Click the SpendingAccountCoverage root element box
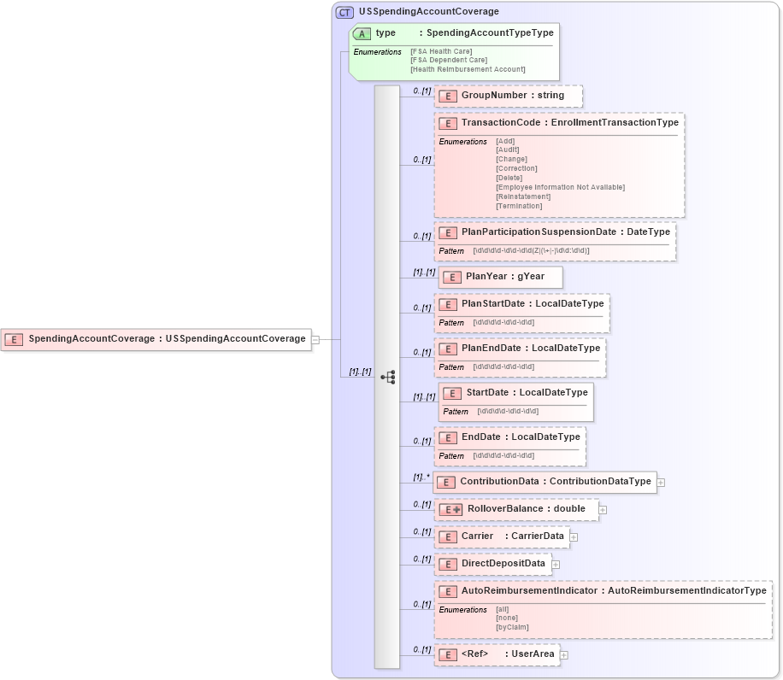pos(156,339)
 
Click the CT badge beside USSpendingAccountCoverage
pos(344,12)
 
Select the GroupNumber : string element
pos(508,96)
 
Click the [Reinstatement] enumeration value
pos(523,196)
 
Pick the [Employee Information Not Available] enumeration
pos(560,187)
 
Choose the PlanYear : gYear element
pos(500,277)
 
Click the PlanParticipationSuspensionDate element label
pos(538,232)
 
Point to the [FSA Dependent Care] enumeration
pos(449,60)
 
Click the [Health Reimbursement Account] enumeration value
pos(468,69)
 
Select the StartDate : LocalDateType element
pos(515,393)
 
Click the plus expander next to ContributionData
pos(661,482)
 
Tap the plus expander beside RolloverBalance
pos(603,510)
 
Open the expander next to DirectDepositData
pos(556,564)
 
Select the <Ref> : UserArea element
pos(497,654)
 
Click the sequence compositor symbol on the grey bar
pos(387,376)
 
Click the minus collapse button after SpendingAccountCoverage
pos(315,339)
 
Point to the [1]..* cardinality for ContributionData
pos(421,477)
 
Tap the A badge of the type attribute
pos(362,33)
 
